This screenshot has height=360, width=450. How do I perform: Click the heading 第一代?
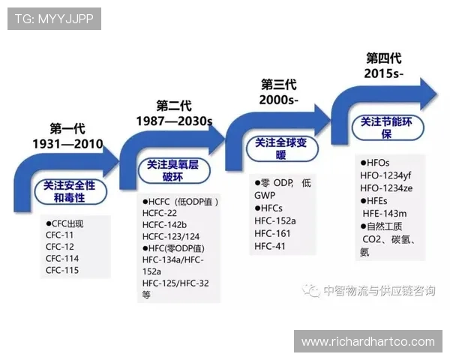point(68,128)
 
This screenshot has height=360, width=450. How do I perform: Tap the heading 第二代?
point(175,105)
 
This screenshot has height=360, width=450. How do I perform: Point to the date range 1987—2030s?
point(175,121)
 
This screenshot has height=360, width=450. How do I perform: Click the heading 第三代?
point(278,84)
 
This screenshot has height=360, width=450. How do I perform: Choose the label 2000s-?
point(278,100)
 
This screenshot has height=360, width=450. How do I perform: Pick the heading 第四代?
point(383,58)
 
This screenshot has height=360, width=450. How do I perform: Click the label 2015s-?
point(383,73)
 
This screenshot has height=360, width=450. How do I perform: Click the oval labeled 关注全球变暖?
point(280,148)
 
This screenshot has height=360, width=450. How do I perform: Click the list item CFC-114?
point(62,259)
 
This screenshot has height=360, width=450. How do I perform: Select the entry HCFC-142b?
point(164,225)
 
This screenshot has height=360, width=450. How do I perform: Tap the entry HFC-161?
point(272,233)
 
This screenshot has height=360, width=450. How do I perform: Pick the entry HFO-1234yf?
point(386,175)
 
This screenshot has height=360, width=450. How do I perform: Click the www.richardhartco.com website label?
point(367,342)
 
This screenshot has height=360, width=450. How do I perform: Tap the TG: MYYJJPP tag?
point(53,18)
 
